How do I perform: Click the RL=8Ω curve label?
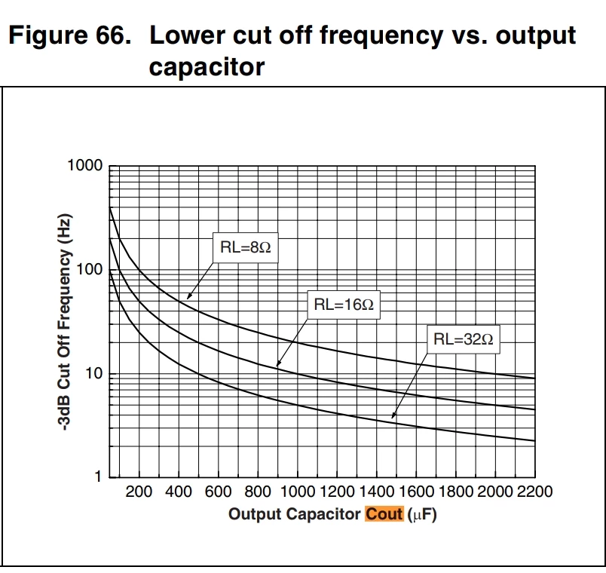[x=246, y=247]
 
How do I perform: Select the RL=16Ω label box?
[x=344, y=305]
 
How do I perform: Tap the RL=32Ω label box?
[x=464, y=339]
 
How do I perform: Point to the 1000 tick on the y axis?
[x=85, y=165]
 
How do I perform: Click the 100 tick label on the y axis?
[x=90, y=269]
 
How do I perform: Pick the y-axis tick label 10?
[x=94, y=373]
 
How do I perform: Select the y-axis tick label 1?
[x=98, y=476]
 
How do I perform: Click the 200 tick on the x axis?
[x=139, y=492]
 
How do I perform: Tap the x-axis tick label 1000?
[x=298, y=492]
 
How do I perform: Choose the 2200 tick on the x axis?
[x=535, y=492]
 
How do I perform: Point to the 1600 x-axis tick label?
[x=416, y=492]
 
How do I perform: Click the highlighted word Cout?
[x=384, y=514]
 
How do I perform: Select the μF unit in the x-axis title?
[x=422, y=515]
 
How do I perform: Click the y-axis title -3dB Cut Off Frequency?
[x=65, y=322]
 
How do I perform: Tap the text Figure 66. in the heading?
[x=70, y=35]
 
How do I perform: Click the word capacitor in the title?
[x=207, y=67]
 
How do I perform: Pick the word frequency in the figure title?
[x=381, y=36]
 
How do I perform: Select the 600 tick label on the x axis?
[x=218, y=492]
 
